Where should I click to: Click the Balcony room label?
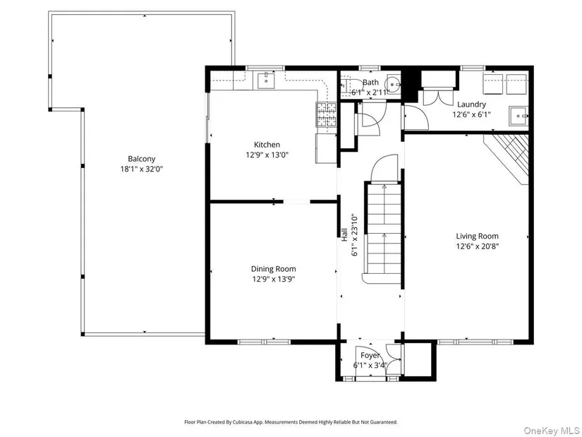click(x=141, y=159)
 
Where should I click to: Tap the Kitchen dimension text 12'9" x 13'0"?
click(x=267, y=155)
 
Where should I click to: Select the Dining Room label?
click(x=274, y=269)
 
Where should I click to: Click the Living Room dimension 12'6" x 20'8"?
click(x=478, y=246)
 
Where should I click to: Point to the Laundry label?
click(x=471, y=104)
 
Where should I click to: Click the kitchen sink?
click(x=266, y=80)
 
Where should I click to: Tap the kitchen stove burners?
click(x=326, y=114)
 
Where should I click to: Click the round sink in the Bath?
click(x=394, y=85)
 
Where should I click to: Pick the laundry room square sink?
click(x=519, y=116)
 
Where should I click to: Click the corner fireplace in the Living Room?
click(x=507, y=158)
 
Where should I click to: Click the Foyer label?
click(x=370, y=356)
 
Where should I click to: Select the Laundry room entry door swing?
click(x=416, y=117)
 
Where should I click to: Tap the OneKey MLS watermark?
click(x=552, y=431)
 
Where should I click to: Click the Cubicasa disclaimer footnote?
click(x=291, y=421)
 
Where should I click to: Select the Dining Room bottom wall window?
click(x=264, y=342)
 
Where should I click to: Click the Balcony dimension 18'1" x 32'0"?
click(x=141, y=169)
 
